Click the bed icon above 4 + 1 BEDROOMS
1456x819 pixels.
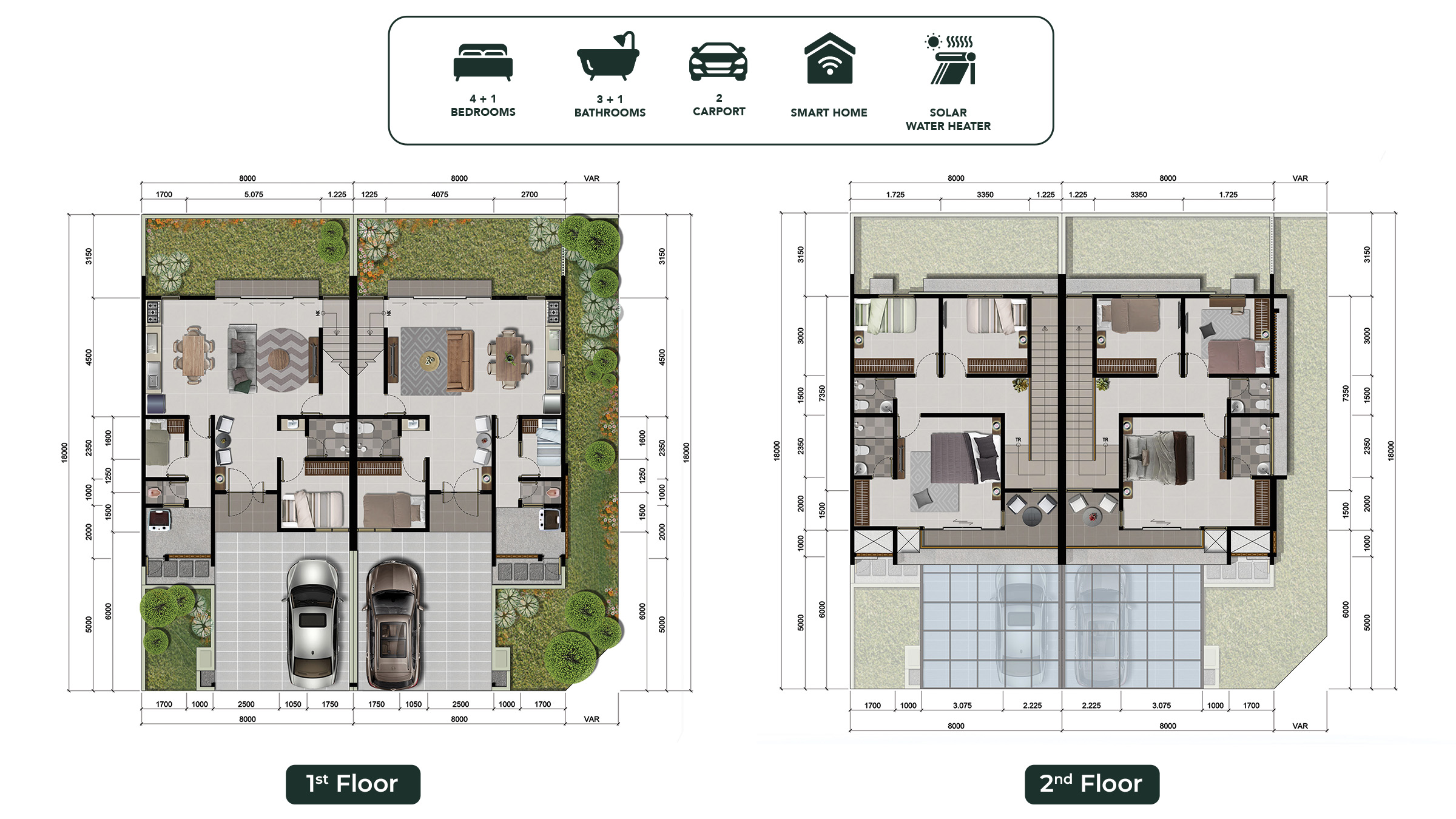(x=483, y=62)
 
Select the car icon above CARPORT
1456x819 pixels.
(x=718, y=61)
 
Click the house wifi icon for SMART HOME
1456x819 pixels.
(x=829, y=58)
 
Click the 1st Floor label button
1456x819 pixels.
(x=352, y=784)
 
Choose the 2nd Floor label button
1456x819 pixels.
(x=1092, y=784)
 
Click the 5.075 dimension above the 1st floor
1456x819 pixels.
(x=254, y=195)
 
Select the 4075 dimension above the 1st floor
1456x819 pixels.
(x=440, y=195)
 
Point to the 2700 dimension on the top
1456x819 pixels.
(x=529, y=195)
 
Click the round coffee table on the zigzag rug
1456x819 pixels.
(x=280, y=360)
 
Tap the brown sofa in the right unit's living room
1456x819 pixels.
(x=460, y=360)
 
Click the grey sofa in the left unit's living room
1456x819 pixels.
(x=241, y=359)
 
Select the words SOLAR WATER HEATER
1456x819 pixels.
(x=948, y=119)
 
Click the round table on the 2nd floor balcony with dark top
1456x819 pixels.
(x=1031, y=516)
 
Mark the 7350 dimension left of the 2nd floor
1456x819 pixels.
(x=822, y=393)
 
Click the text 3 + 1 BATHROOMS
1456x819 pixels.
(x=610, y=106)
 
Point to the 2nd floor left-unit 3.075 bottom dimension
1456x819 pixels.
(x=962, y=706)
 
